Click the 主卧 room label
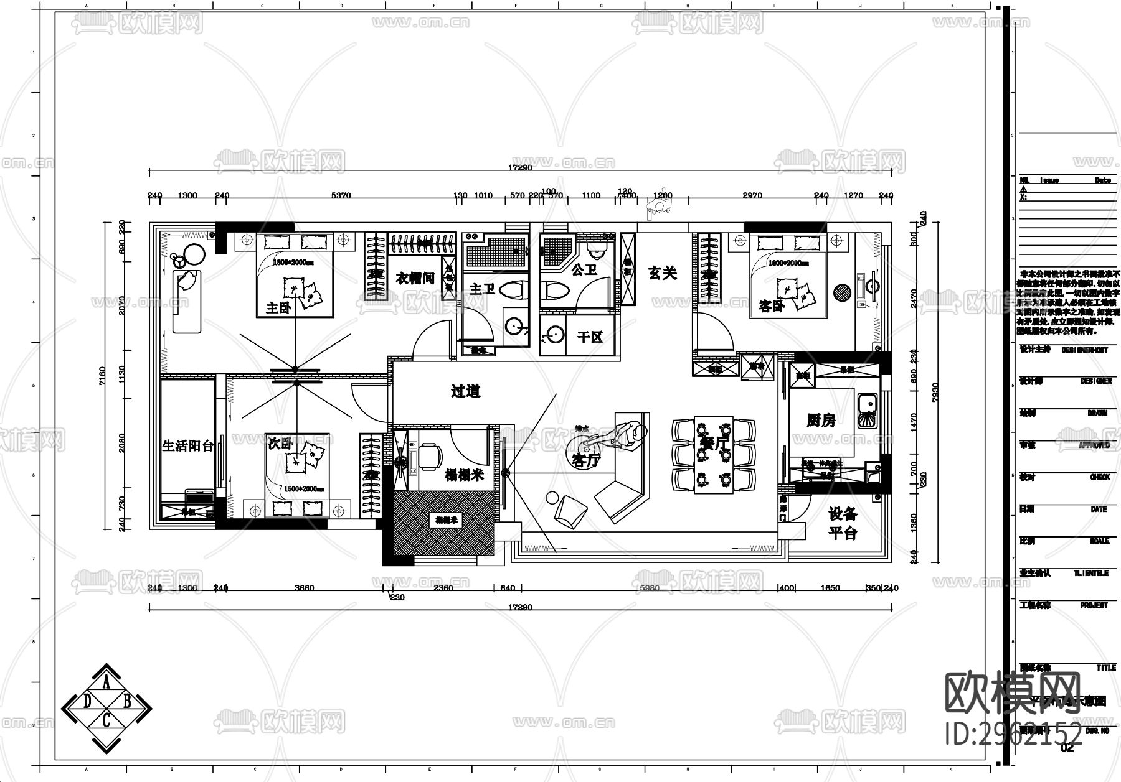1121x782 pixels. tap(278, 307)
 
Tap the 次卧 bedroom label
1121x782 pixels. tap(280, 444)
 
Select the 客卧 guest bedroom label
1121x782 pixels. tap(771, 306)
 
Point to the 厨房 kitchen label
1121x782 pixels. tap(820, 421)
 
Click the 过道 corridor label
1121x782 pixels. tap(466, 391)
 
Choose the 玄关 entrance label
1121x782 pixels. tap(662, 273)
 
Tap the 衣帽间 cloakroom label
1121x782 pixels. tap(415, 277)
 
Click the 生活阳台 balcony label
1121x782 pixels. tap(187, 446)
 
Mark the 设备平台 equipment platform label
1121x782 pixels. tap(843, 523)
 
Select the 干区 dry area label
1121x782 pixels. tap(590, 337)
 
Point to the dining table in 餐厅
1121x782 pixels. tap(714, 454)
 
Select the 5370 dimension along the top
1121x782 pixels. tap(341, 195)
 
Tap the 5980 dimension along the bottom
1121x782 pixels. tap(649, 588)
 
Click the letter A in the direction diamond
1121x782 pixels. tap(106, 684)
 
